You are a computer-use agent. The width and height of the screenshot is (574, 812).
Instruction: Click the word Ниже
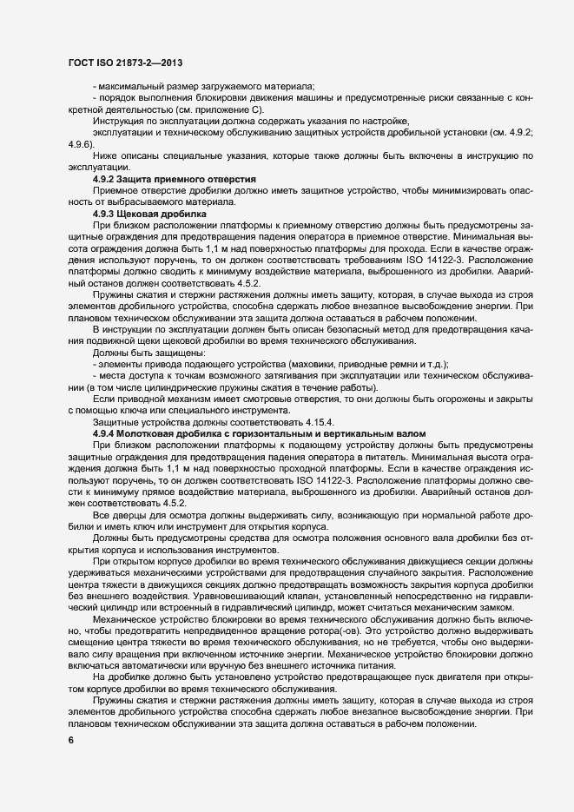click(104, 155)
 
